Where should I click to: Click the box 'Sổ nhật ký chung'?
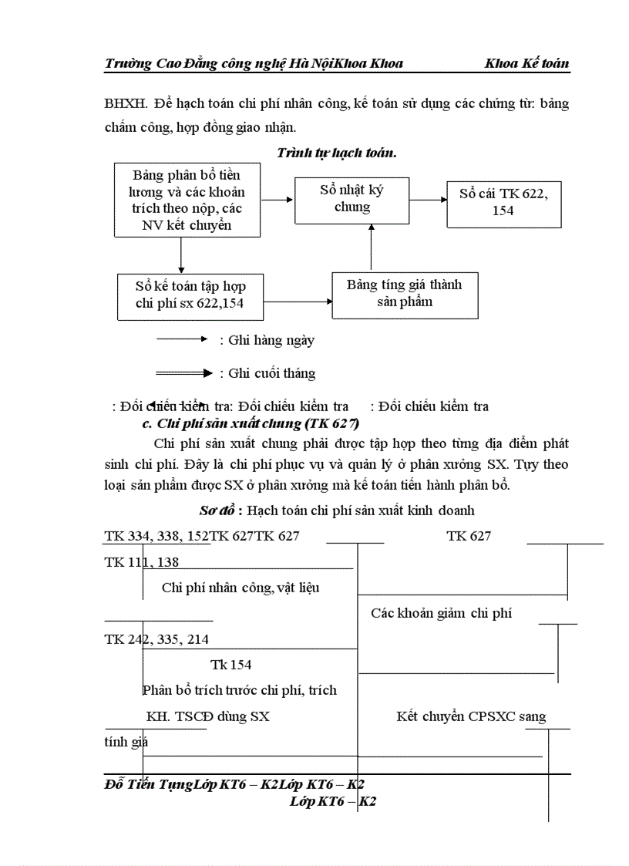(x=351, y=199)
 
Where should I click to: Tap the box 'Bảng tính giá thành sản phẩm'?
(x=404, y=294)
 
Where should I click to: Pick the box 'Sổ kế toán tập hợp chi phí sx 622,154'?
(x=190, y=295)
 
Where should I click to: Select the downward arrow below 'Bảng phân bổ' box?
(x=181, y=255)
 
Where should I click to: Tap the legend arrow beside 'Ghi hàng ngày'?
(x=182, y=339)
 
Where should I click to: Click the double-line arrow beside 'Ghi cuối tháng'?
(x=183, y=373)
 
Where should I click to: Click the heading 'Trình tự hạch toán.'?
(x=337, y=153)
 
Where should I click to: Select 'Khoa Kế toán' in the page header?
(x=527, y=63)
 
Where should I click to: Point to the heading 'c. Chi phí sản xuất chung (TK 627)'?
(x=251, y=424)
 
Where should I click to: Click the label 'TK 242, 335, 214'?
(x=156, y=639)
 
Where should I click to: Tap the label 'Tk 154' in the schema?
(x=231, y=665)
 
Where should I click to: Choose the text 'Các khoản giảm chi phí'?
(x=442, y=614)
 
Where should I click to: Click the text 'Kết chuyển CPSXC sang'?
(x=472, y=716)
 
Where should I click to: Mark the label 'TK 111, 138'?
(x=142, y=563)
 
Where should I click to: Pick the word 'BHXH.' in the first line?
(x=126, y=103)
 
